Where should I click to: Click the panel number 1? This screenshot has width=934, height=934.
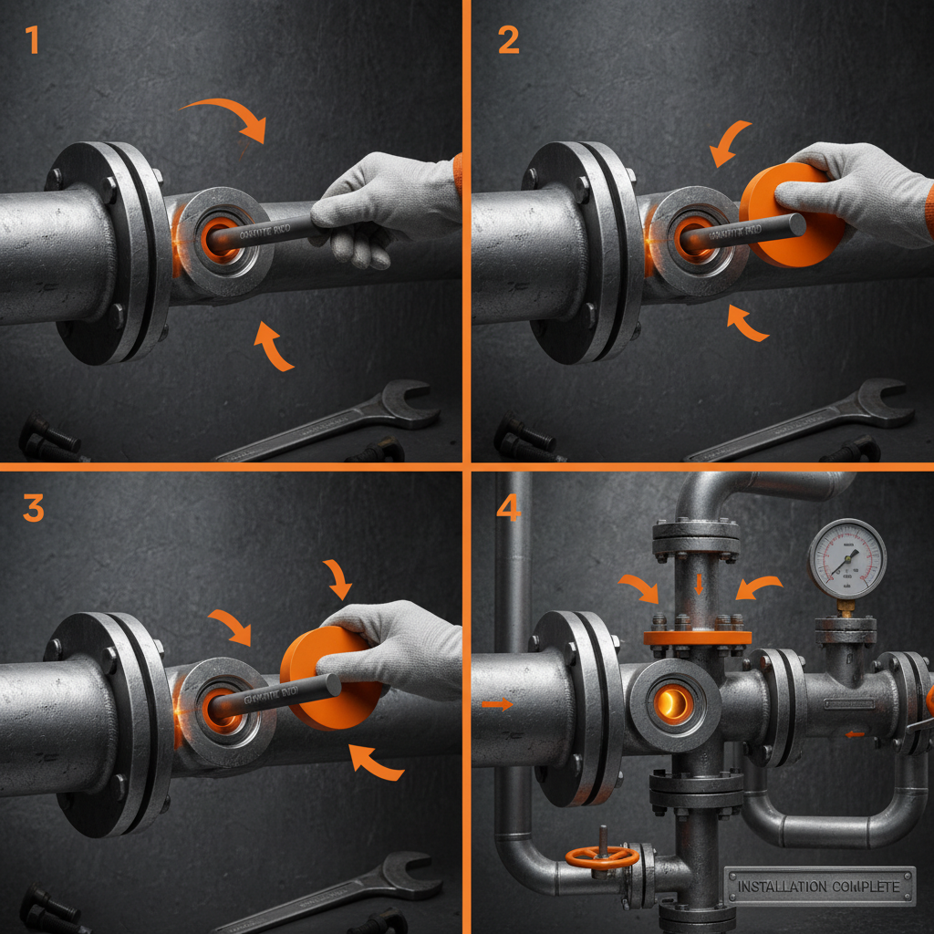click(x=32, y=41)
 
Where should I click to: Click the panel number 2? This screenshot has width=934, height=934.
click(x=507, y=41)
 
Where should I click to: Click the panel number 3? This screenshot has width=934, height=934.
click(x=33, y=508)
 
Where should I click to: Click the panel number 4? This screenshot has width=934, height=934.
click(x=507, y=509)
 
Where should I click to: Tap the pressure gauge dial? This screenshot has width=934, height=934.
click(x=847, y=558)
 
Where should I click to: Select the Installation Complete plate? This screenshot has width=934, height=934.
click(x=819, y=886)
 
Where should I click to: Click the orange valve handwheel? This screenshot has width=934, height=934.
click(x=601, y=856)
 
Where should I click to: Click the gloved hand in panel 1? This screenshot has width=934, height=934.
click(x=383, y=205)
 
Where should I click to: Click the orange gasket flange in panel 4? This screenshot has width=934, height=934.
click(x=698, y=638)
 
